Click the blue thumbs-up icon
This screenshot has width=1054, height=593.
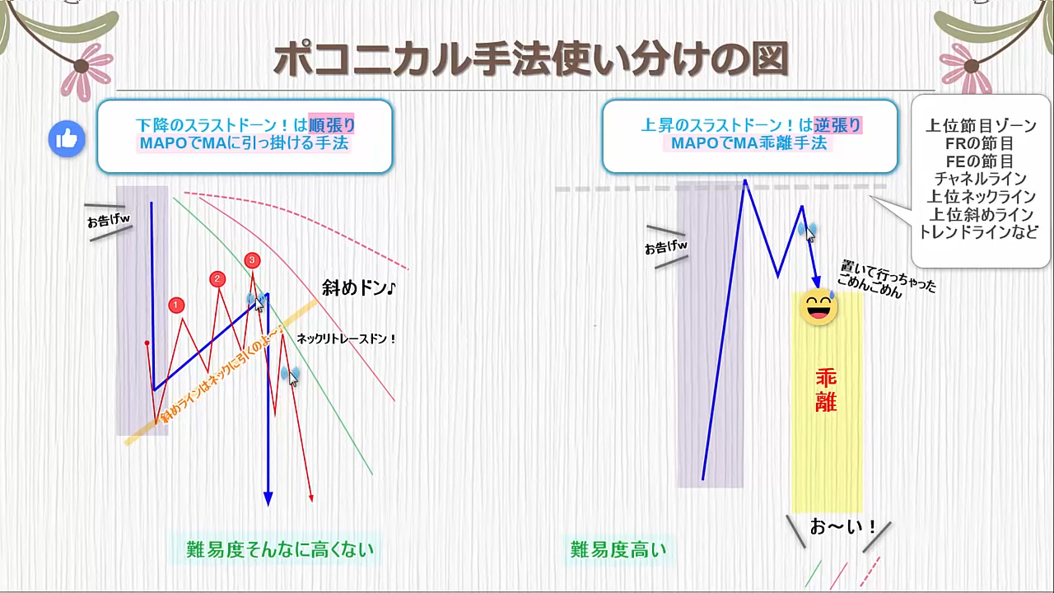[x=67, y=139]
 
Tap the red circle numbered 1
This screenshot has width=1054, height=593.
[x=176, y=306]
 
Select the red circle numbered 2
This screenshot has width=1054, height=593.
[x=217, y=279]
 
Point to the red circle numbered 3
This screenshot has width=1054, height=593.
[x=252, y=259]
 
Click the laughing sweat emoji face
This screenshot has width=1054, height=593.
[x=818, y=307]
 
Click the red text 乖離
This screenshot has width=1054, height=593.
[x=826, y=390]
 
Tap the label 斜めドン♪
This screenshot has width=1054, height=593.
[x=359, y=287]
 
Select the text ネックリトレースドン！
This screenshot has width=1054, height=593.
[x=347, y=339]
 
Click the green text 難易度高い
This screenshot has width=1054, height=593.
[x=618, y=549]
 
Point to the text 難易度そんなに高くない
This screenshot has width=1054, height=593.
[x=280, y=549]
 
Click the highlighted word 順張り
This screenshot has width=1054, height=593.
[x=332, y=124]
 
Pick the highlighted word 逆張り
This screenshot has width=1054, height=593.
[x=838, y=124]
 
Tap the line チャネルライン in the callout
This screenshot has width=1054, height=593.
[x=980, y=179]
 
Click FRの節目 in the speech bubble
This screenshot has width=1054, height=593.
[x=979, y=143]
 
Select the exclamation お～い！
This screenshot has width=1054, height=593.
[x=842, y=527]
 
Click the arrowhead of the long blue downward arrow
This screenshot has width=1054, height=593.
[x=268, y=499]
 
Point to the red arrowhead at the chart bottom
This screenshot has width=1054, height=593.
[x=311, y=498]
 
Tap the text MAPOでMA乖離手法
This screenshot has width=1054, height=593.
[x=749, y=142]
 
